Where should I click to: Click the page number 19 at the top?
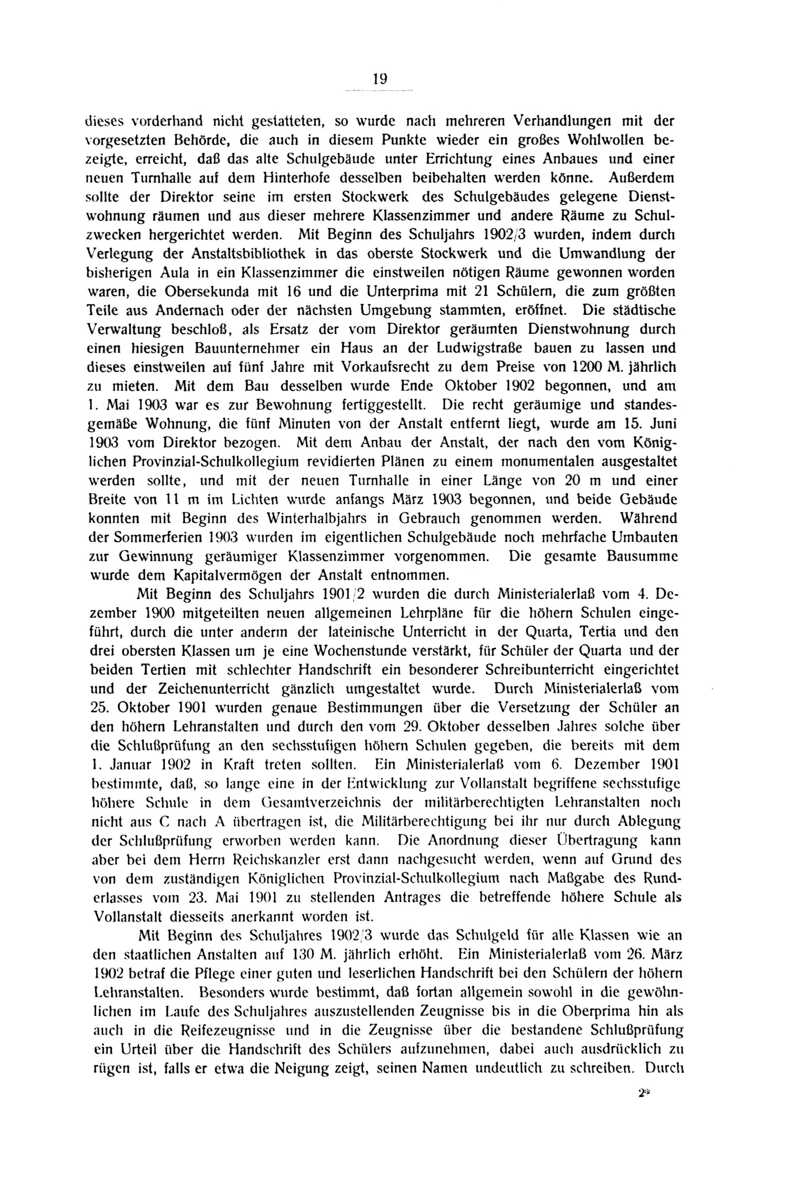pyautogui.click(x=380, y=79)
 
